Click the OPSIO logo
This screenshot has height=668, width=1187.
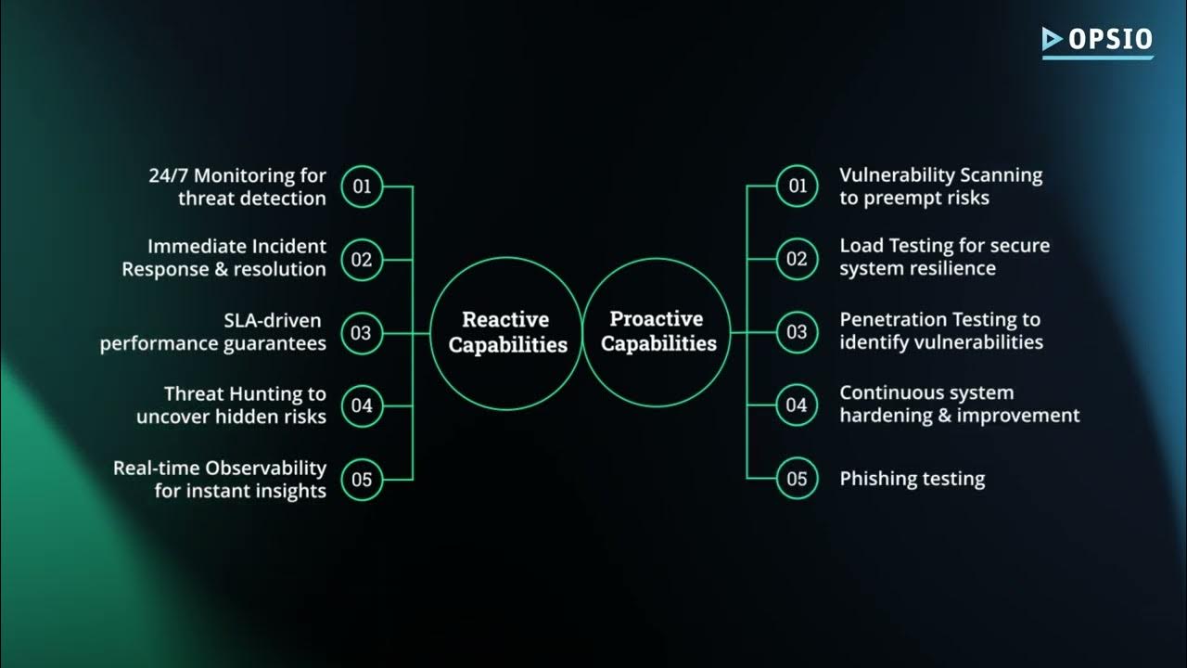point(1097,40)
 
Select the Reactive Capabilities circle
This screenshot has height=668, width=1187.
point(505,333)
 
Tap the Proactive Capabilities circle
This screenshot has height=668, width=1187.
point(657,332)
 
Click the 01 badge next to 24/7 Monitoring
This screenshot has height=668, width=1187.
point(362,186)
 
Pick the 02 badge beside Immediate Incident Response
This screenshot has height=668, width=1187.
point(362,260)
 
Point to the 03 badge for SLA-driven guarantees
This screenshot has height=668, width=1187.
point(362,333)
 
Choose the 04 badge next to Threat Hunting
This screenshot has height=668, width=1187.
point(362,405)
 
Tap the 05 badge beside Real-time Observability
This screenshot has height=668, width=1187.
point(362,479)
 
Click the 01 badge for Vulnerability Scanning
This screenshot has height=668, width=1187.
point(798,186)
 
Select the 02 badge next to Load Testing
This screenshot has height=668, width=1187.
point(798,259)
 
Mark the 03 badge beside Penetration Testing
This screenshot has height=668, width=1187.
point(798,332)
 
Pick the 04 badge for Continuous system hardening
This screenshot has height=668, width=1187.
point(798,405)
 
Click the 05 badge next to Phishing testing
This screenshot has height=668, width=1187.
point(798,479)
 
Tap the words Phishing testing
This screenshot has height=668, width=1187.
point(912,480)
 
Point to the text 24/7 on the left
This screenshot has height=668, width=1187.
point(168,175)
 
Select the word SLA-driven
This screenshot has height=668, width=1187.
point(273,321)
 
